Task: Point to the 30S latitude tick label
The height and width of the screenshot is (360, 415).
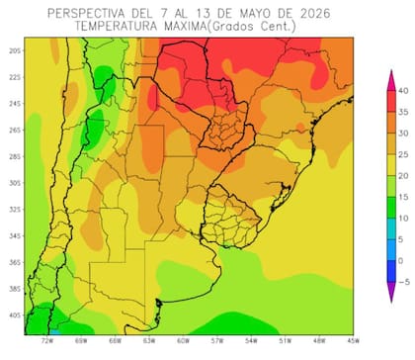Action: click(x=14, y=182)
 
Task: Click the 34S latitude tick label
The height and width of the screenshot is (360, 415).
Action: click(x=14, y=235)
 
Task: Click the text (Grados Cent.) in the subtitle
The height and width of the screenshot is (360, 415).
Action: click(x=248, y=28)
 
